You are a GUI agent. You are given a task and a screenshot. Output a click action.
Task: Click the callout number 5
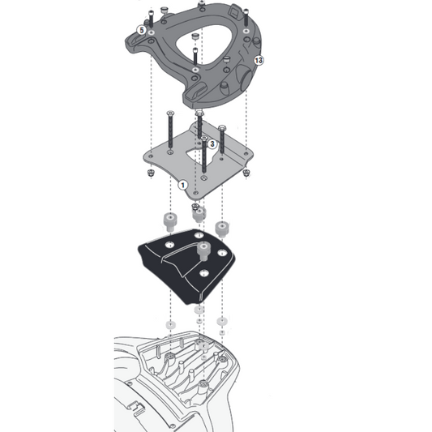[x=141, y=30]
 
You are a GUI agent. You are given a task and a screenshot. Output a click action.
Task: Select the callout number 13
[x=259, y=61]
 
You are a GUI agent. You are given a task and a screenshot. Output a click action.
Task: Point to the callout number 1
[x=183, y=185]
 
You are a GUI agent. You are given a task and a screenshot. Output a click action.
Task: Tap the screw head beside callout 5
[x=152, y=20]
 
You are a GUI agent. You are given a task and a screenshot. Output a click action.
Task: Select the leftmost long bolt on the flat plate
[x=169, y=130]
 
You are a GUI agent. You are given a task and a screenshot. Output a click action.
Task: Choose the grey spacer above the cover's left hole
[x=171, y=220]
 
